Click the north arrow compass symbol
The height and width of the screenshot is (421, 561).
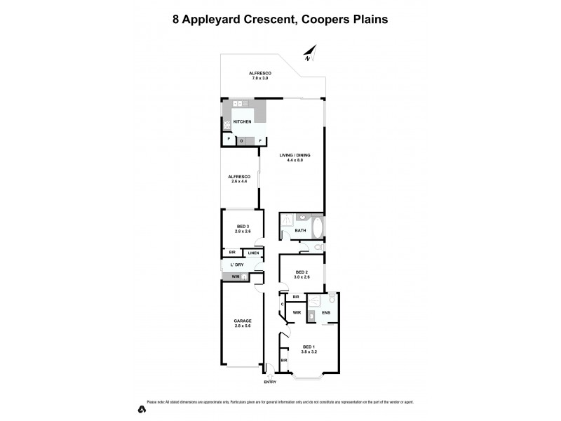click(311, 52)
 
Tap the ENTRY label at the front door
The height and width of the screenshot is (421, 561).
click(270, 382)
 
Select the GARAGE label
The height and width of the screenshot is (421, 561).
click(243, 321)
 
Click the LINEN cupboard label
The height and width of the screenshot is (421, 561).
click(253, 253)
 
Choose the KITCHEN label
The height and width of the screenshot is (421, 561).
click(243, 121)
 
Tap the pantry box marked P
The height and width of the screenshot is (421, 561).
click(229, 139)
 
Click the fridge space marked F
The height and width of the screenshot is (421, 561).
click(261, 141)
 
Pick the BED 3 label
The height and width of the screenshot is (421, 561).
click(243, 226)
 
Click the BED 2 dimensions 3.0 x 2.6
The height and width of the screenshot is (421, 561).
click(302, 277)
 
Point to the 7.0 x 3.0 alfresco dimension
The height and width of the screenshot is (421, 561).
click(260, 78)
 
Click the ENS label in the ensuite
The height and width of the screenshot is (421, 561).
click(326, 313)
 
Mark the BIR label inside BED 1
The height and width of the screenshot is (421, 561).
click(284, 361)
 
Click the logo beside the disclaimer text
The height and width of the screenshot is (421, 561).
click(140, 409)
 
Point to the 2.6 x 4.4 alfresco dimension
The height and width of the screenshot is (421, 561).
click(239, 182)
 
